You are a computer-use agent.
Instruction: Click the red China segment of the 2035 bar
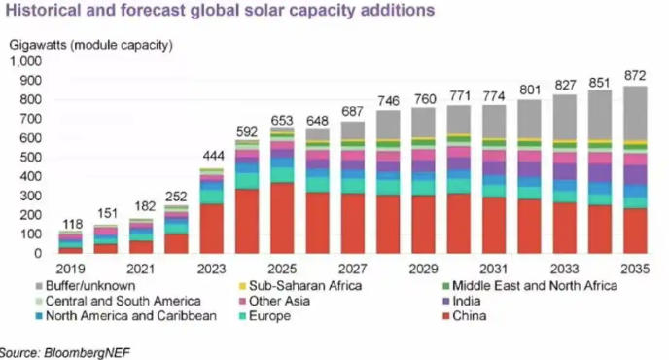[x=635, y=231]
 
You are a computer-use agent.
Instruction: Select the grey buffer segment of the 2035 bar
[x=635, y=114]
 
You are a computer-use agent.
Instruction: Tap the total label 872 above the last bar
[x=635, y=76]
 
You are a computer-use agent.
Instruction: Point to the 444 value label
[x=213, y=156]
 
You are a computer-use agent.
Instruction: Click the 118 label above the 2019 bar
[x=73, y=224]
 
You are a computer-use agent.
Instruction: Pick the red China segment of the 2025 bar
[x=282, y=218]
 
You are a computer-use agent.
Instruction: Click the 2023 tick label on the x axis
[x=212, y=270]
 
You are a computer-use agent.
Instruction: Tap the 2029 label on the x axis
[x=423, y=270]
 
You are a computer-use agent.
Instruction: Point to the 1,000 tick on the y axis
[x=25, y=61]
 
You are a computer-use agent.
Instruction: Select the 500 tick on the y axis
[x=31, y=158]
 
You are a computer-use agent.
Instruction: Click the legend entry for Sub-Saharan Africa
[x=300, y=286]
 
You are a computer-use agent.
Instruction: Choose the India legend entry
[x=462, y=301]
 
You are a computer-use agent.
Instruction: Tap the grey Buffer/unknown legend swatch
[x=39, y=286]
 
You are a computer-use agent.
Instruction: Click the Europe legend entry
[x=264, y=316]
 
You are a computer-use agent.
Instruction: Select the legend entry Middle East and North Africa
[x=530, y=286]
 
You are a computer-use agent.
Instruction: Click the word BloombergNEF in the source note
[x=87, y=353]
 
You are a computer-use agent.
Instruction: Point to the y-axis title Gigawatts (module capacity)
[x=90, y=45]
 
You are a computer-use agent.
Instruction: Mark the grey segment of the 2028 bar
[x=388, y=125]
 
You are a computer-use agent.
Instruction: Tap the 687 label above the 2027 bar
[x=352, y=112]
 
